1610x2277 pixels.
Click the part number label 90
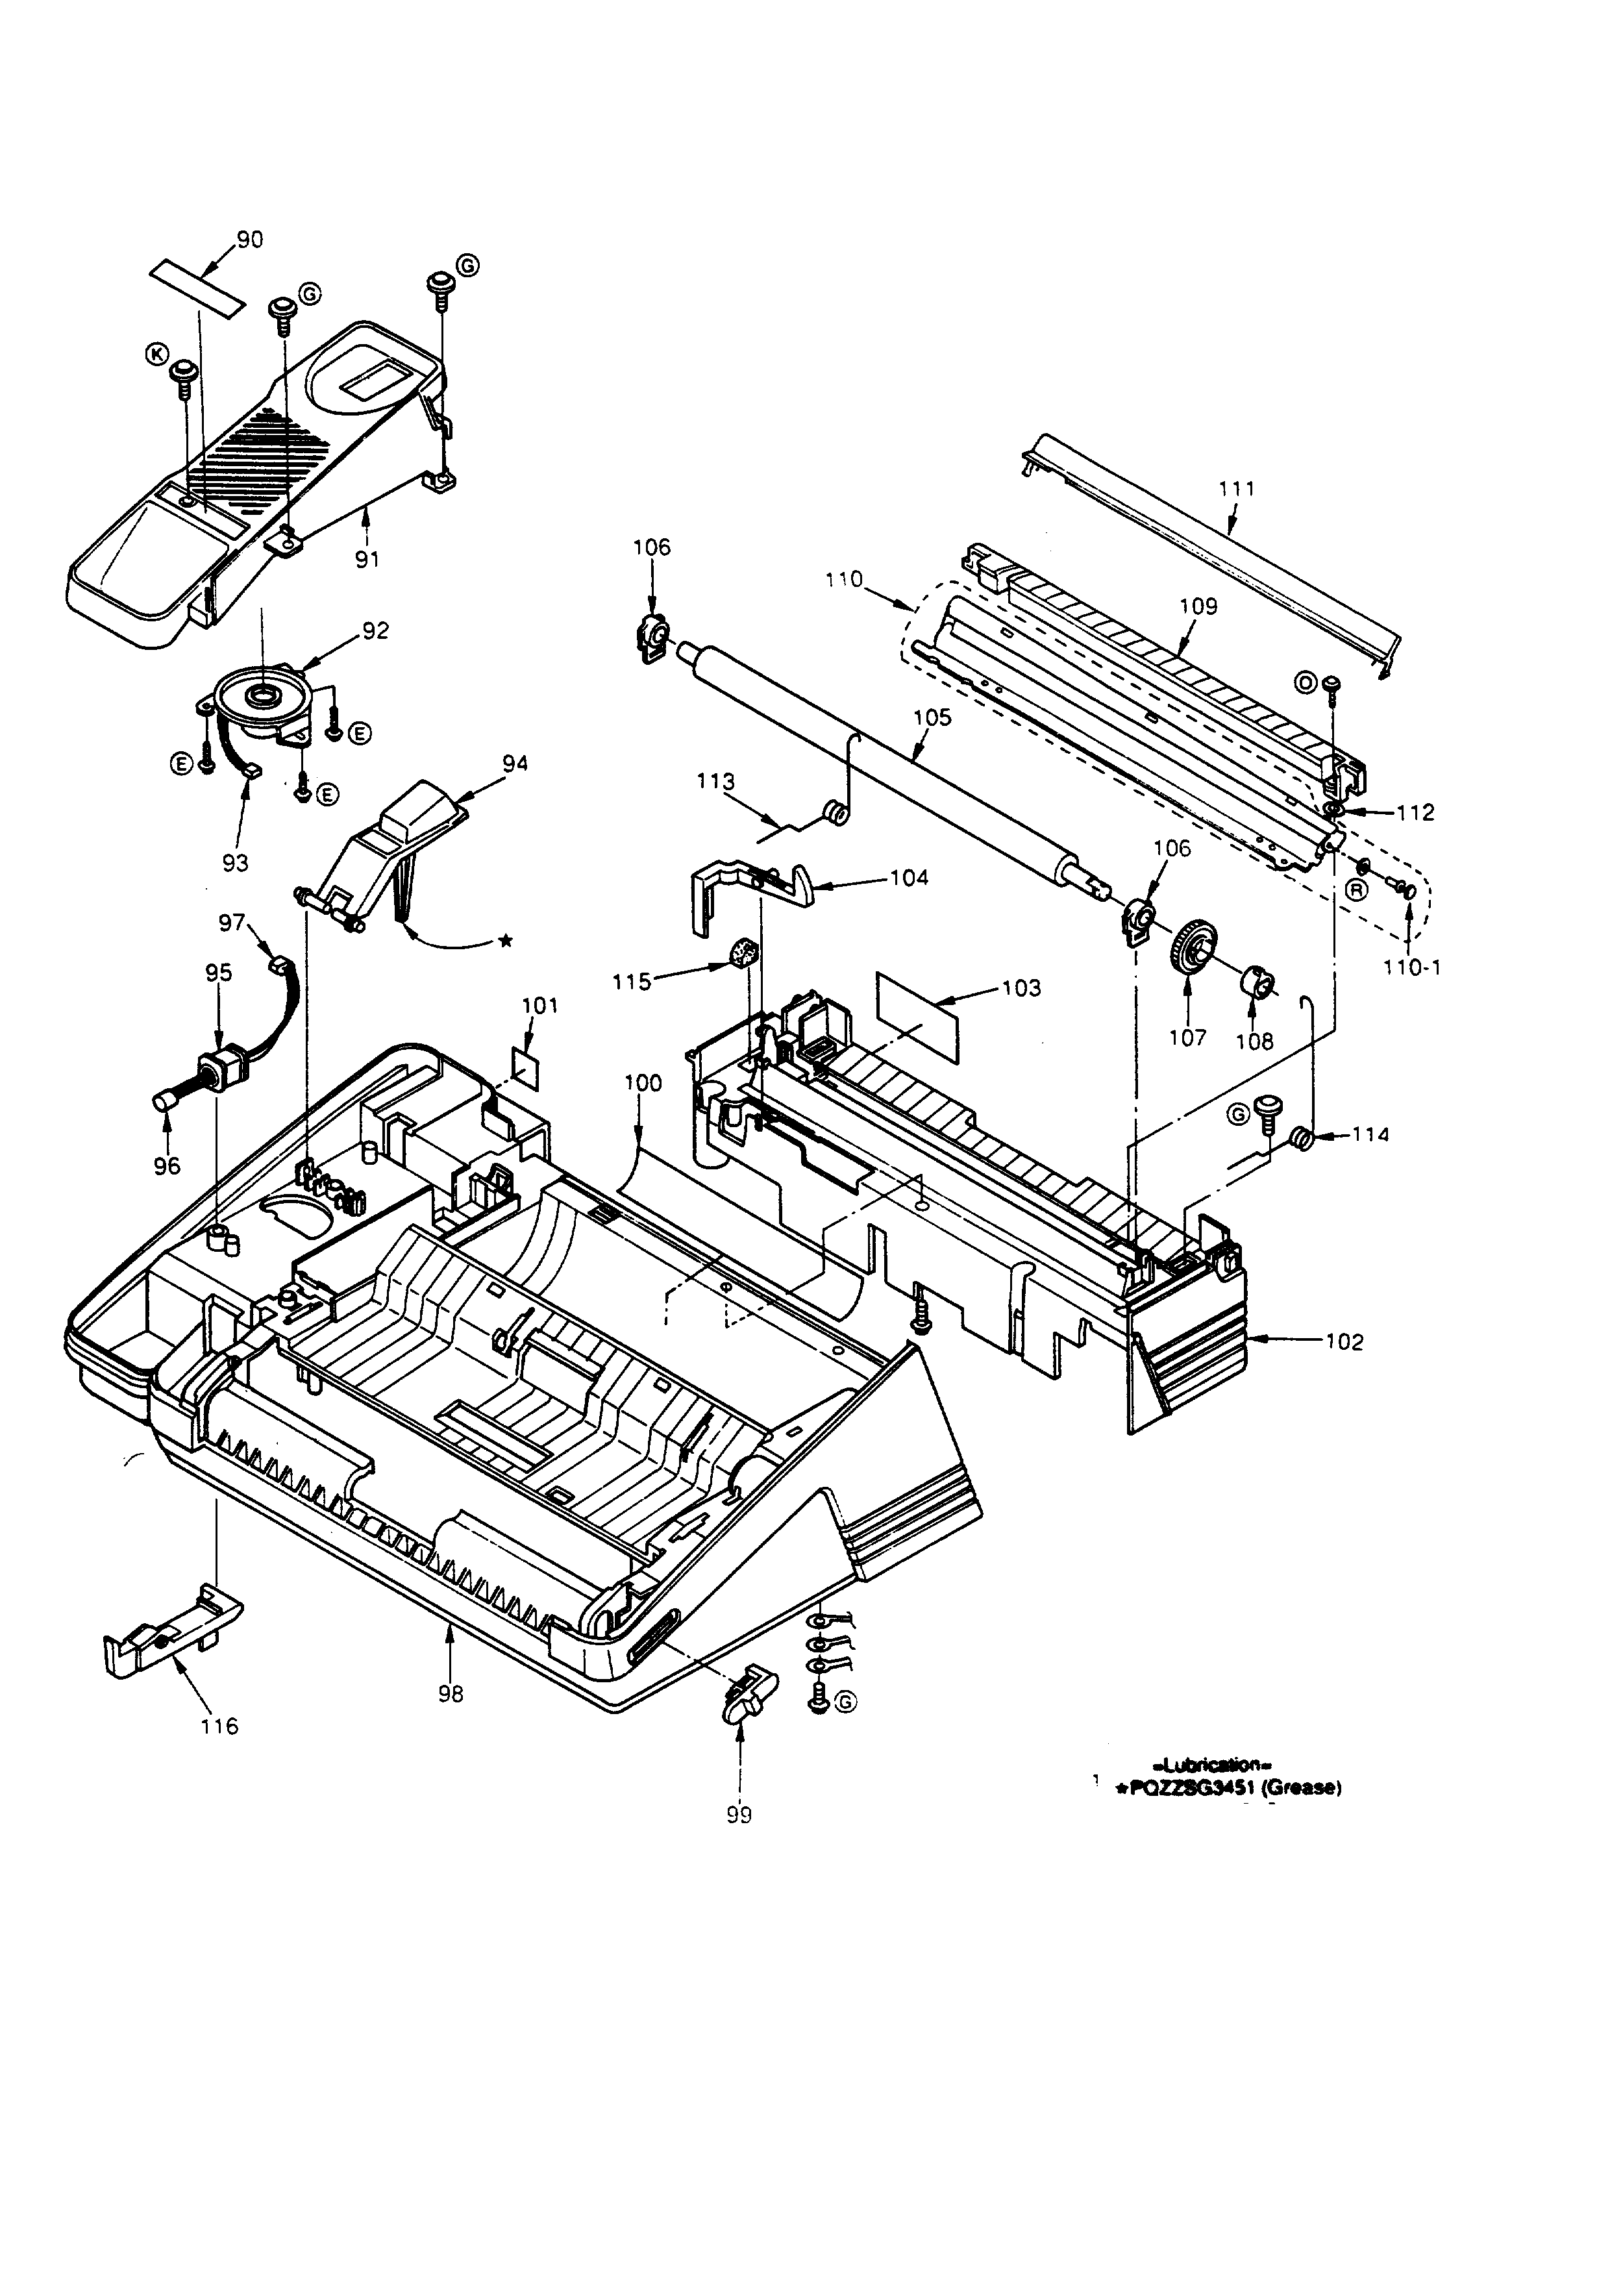[250, 240]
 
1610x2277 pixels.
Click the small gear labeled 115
[743, 955]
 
